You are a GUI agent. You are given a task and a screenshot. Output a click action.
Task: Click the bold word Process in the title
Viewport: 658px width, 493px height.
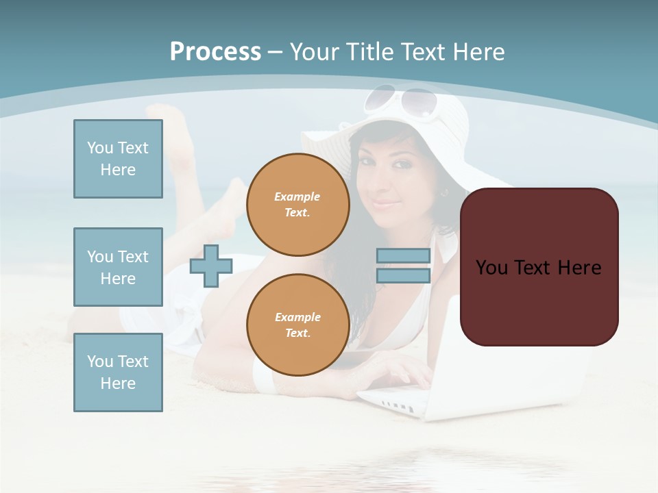[x=215, y=52]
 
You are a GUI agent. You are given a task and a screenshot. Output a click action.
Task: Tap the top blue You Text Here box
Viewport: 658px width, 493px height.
[x=118, y=159]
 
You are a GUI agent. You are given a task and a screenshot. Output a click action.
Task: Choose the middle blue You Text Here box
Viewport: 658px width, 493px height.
[x=118, y=267]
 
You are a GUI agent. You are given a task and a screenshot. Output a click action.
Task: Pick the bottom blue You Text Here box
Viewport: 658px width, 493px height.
[x=118, y=372]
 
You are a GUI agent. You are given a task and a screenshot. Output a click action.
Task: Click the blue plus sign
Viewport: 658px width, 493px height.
[x=210, y=266]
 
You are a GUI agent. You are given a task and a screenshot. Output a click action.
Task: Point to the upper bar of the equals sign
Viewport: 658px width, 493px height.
[x=403, y=256]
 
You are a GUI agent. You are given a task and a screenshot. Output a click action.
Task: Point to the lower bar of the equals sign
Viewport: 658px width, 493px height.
[x=403, y=276]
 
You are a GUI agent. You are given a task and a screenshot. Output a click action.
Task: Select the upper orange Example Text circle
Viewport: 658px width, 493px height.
[x=298, y=205]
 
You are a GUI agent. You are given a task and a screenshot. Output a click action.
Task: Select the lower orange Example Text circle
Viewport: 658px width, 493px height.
[x=298, y=325]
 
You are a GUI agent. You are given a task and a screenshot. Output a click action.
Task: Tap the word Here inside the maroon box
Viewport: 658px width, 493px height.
[x=578, y=268]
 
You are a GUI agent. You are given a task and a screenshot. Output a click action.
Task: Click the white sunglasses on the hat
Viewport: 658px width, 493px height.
[x=401, y=100]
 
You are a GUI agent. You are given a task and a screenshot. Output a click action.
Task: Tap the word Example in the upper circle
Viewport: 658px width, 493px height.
[x=297, y=197]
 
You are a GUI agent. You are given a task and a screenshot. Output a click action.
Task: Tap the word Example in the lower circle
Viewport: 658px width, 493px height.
[x=297, y=317]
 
